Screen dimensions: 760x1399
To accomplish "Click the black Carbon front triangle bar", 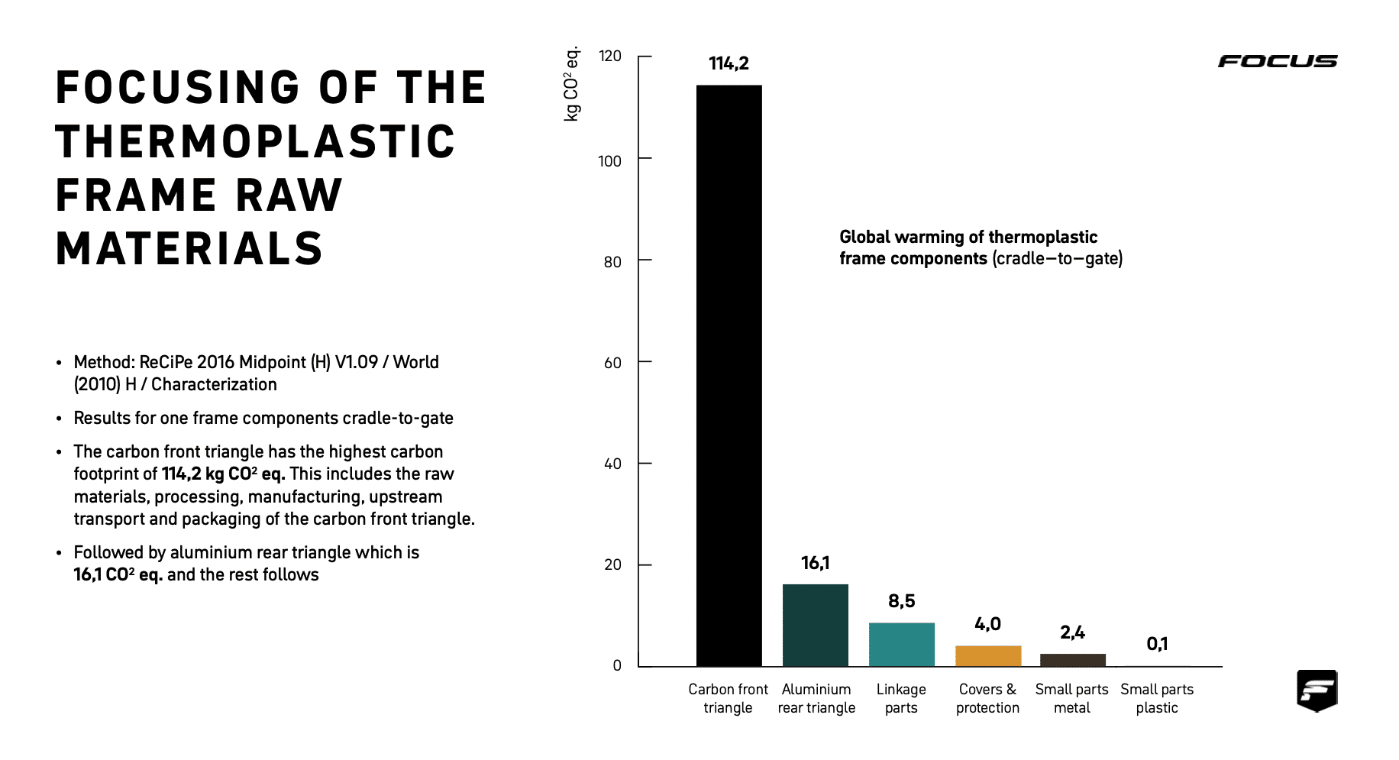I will pyautogui.click(x=729, y=374).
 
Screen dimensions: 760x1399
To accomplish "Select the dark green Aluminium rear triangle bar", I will pyautogui.click(x=815, y=625).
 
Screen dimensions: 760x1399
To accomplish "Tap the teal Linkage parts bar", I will pyautogui.click(x=901, y=644).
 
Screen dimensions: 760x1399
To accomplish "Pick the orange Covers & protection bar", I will pyautogui.click(x=988, y=655).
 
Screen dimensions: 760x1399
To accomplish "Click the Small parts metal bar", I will pyautogui.click(x=1072, y=660).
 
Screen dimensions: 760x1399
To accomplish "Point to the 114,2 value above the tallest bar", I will pyautogui.click(x=729, y=63).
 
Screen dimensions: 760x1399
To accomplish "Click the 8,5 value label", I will pyautogui.click(x=901, y=601).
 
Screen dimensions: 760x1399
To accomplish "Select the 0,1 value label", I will pyautogui.click(x=1157, y=644).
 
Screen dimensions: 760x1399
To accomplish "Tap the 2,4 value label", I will pyautogui.click(x=1072, y=632).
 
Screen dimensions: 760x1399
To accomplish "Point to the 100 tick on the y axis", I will pyautogui.click(x=609, y=161).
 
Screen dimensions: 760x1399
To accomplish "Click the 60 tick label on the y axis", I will pyautogui.click(x=612, y=363).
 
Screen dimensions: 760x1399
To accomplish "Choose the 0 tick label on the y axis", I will pyautogui.click(x=617, y=665).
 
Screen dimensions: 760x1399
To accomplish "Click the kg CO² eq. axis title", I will pyautogui.click(x=571, y=84).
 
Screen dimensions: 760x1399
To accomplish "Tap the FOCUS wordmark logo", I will pyautogui.click(x=1277, y=61).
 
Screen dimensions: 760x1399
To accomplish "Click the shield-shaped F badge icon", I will pyautogui.click(x=1317, y=690).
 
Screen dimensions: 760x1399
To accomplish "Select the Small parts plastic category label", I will pyautogui.click(x=1157, y=698).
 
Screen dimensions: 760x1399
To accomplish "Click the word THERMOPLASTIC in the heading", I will pyautogui.click(x=255, y=142).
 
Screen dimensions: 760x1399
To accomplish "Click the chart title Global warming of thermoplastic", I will pyautogui.click(x=968, y=237).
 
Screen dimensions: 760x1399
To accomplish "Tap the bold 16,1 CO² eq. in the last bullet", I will pyautogui.click(x=118, y=574).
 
